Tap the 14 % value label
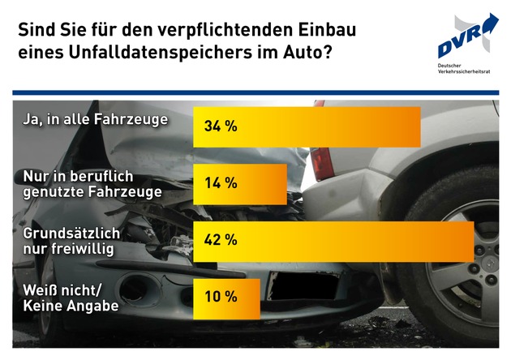coord(220,183)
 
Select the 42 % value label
coord(220,240)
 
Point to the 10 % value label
coord(220,298)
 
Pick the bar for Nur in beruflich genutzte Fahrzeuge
coord(260,183)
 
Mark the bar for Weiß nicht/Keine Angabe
coord(243,298)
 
